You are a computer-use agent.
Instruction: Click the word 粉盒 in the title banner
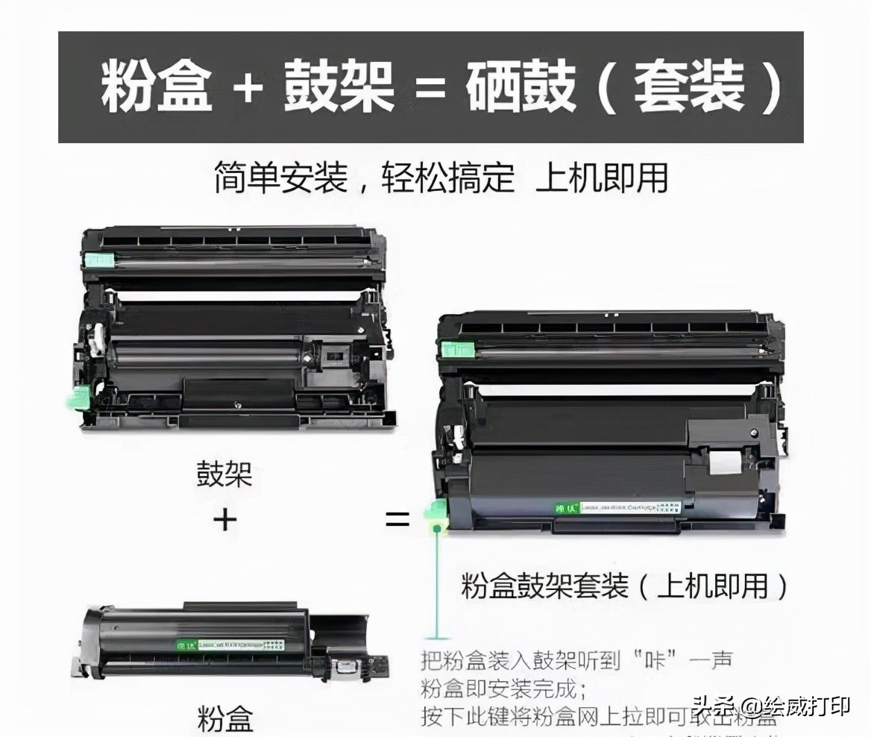(x=157, y=87)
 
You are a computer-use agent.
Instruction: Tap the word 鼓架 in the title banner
(x=339, y=87)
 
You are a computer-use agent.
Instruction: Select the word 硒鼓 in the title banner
(x=521, y=87)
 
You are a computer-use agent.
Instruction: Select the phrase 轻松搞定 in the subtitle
(x=448, y=179)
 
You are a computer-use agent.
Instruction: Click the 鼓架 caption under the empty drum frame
(x=224, y=474)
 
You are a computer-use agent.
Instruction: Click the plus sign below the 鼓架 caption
(x=224, y=518)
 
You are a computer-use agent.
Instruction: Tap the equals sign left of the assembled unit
(x=397, y=518)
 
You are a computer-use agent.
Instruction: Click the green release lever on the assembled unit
(x=433, y=515)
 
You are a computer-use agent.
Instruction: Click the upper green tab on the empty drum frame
(x=98, y=260)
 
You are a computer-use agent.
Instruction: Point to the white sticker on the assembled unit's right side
(x=721, y=462)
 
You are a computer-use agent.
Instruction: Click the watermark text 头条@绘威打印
(x=771, y=705)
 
